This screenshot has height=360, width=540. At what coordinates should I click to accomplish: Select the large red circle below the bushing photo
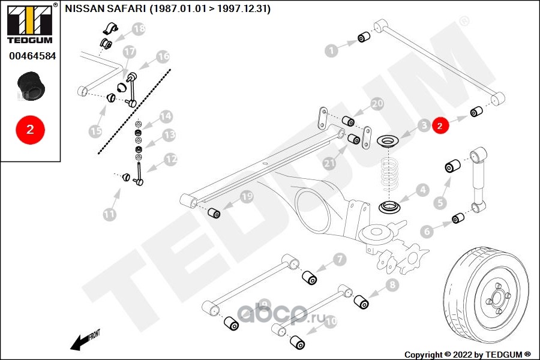(x=30, y=129)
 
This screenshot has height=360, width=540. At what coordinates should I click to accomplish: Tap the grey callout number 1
(x=332, y=51)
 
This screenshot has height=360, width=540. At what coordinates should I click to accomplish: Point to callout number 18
(x=139, y=28)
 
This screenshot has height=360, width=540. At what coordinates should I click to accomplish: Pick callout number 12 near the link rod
(x=171, y=160)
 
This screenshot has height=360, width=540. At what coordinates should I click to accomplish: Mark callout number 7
(x=340, y=260)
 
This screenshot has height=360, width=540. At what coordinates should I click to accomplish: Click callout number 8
(x=392, y=286)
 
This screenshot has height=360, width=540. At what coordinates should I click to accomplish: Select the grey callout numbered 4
(x=423, y=191)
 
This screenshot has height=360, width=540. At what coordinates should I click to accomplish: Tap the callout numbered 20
(x=376, y=104)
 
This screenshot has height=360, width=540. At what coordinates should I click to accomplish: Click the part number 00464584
(x=31, y=56)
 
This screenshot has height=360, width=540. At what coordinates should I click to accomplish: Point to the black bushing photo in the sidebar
(x=31, y=88)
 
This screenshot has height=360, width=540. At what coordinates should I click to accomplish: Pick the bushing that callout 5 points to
(x=453, y=166)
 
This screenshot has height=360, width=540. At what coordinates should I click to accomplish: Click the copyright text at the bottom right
(x=468, y=354)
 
